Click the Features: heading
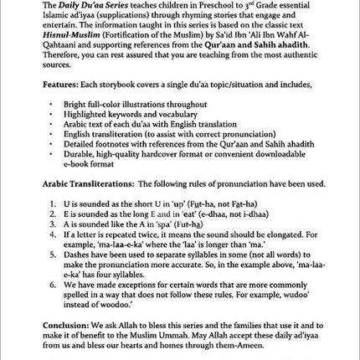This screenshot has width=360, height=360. (63, 85)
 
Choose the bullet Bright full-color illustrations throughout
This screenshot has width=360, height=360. (135, 105)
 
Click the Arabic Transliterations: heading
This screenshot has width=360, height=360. (89, 184)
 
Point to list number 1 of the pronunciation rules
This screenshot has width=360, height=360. (53, 203)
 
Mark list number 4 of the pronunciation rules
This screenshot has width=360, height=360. (53, 234)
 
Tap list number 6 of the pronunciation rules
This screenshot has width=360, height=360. (53, 284)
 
